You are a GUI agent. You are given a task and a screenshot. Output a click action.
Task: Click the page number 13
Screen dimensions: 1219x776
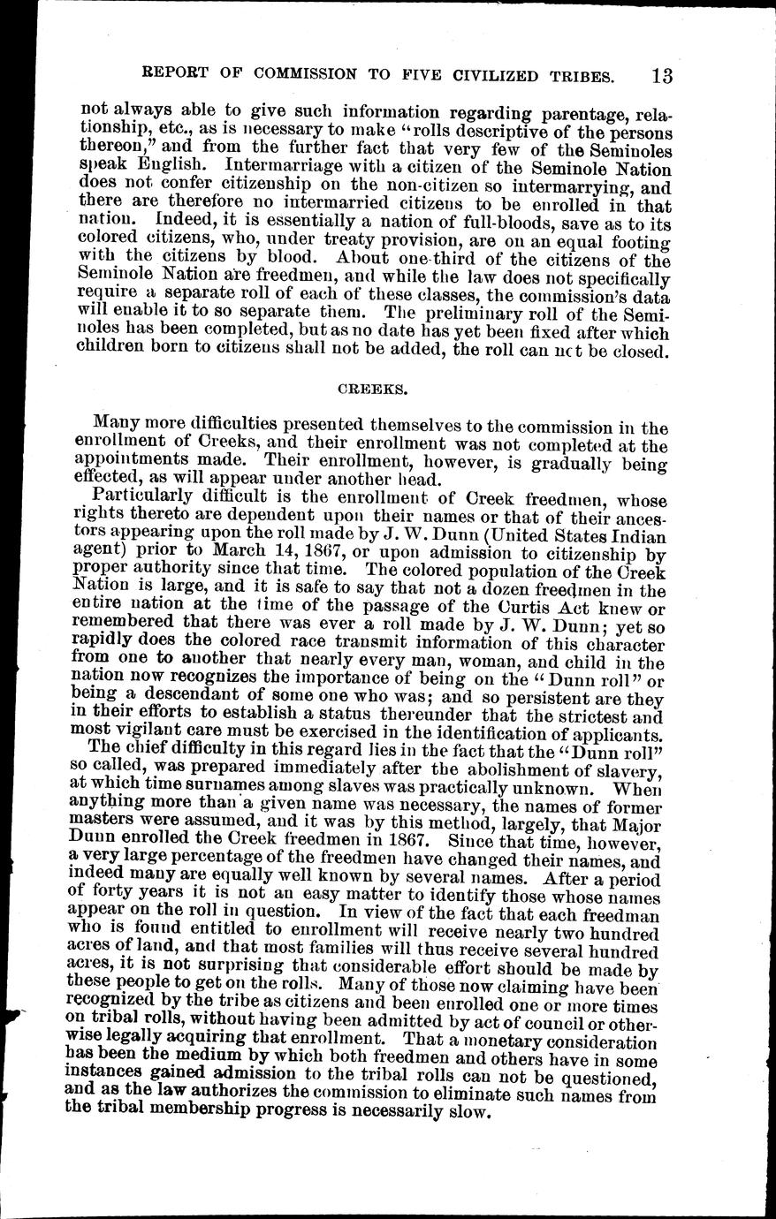click(x=659, y=75)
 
